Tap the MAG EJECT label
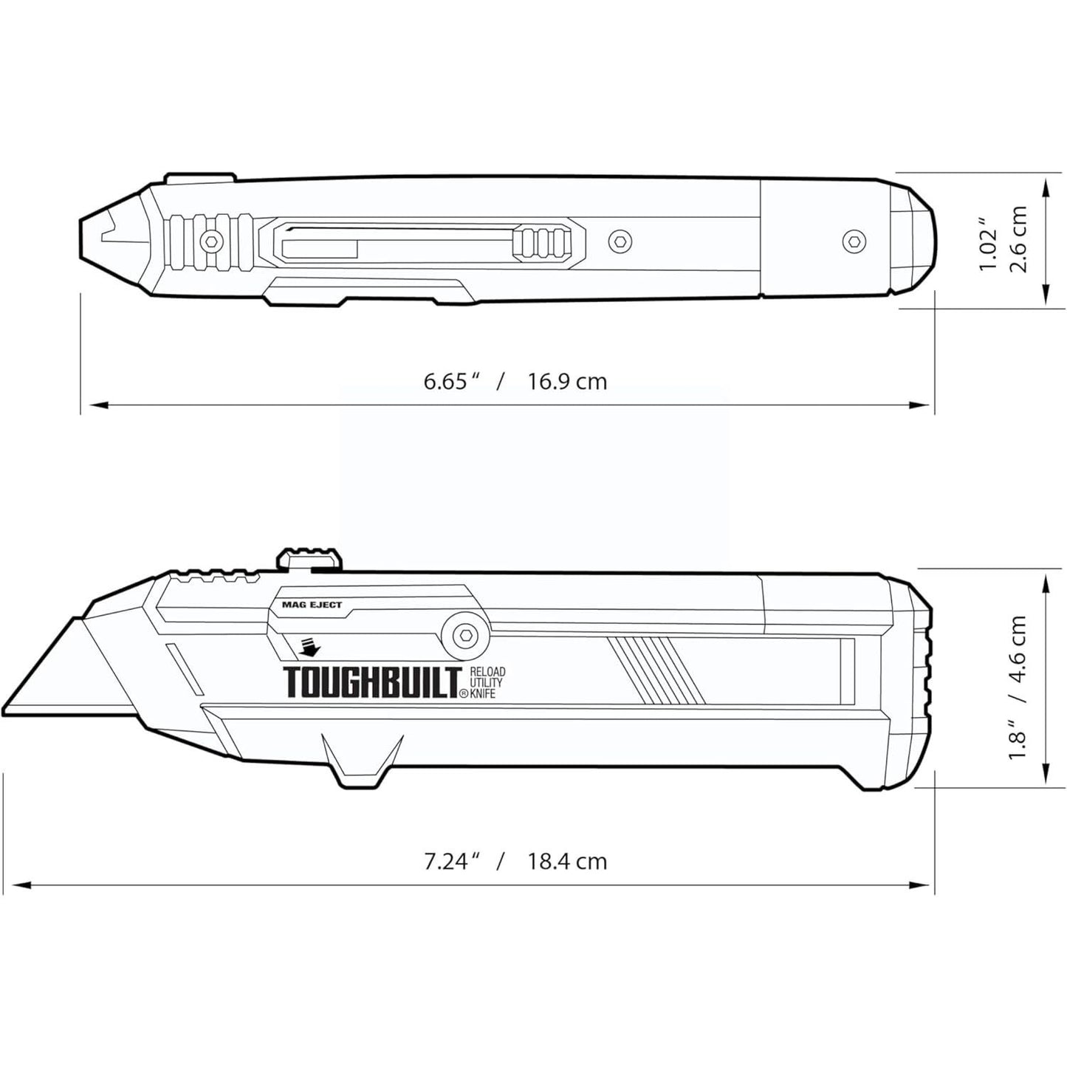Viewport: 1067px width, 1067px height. (312, 605)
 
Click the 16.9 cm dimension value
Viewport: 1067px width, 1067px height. (567, 382)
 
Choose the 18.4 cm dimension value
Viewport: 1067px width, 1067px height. (567, 861)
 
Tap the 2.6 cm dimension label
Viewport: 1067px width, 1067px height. (1019, 239)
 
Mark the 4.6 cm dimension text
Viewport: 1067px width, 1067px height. (1019, 650)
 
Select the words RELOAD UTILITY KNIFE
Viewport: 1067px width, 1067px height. (486, 682)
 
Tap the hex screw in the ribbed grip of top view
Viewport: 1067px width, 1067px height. (213, 240)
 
